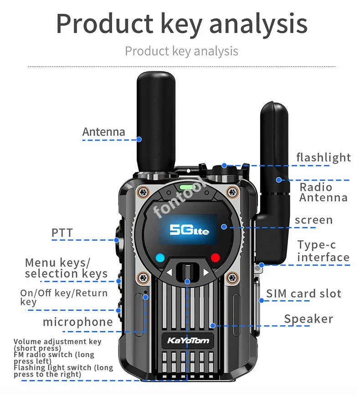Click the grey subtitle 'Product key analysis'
(181, 51)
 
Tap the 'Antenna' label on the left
(103, 132)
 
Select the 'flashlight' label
(324, 158)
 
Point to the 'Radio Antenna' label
(323, 192)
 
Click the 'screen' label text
(314, 220)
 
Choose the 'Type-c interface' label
(323, 251)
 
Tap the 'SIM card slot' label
(303, 293)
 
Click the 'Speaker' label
(309, 319)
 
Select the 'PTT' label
(62, 233)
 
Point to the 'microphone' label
(77, 322)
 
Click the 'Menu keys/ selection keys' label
(66, 268)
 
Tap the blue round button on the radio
(159, 257)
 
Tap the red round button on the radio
(215, 257)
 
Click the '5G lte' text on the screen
(189, 229)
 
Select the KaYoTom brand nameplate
(187, 340)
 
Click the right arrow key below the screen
(206, 273)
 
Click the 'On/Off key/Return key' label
(63, 297)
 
